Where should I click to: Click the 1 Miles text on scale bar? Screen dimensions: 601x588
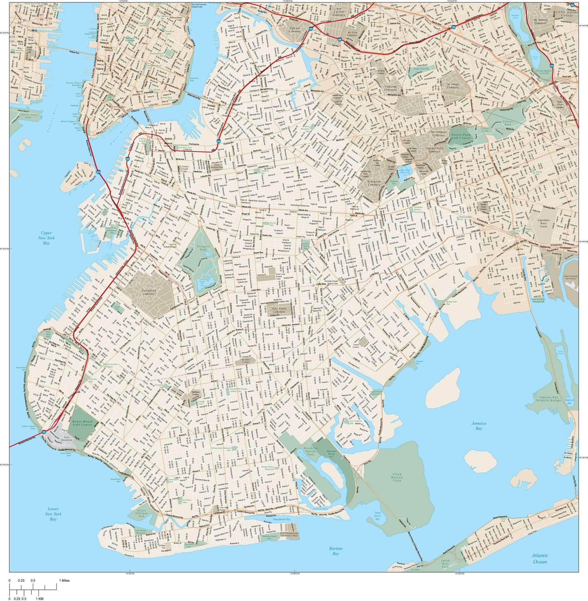tap(64, 580)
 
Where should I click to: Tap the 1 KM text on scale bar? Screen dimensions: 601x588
tap(39, 599)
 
